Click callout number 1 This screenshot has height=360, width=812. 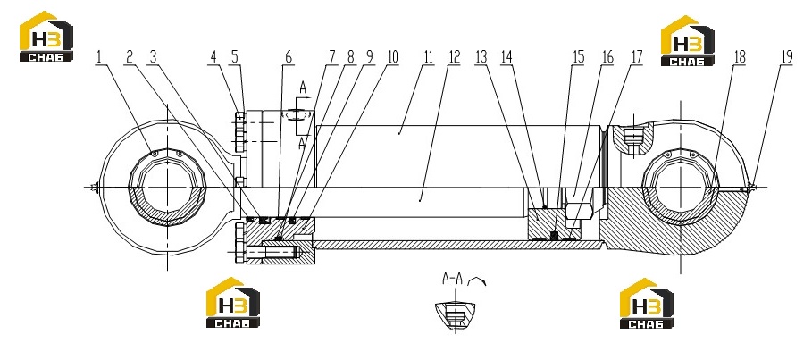coord(99,57)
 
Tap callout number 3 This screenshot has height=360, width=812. coord(153,57)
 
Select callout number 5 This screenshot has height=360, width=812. coord(235,57)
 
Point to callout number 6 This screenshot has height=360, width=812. coord(289,57)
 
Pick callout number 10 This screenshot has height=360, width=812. coord(392,57)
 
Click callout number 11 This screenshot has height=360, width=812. coord(428,57)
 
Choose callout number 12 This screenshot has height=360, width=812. coord(454,57)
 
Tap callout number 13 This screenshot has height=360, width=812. coord(481,57)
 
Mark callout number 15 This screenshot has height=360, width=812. coord(578,57)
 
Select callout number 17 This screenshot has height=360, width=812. coord(636,57)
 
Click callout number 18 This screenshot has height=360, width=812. coord(740,57)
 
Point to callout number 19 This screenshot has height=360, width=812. coord(787,57)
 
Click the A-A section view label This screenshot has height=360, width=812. coord(452,280)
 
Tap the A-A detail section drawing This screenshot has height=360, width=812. coord(455,314)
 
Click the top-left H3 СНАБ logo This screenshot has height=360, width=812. coord(46,37)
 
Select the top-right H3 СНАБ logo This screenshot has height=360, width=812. coord(688,40)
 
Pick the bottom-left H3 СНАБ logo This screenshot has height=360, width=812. coord(233,303)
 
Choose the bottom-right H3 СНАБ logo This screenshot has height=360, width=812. coord(647,303)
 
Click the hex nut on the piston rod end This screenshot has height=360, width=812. coord(578,210)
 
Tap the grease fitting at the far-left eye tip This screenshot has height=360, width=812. coord(94,187)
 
